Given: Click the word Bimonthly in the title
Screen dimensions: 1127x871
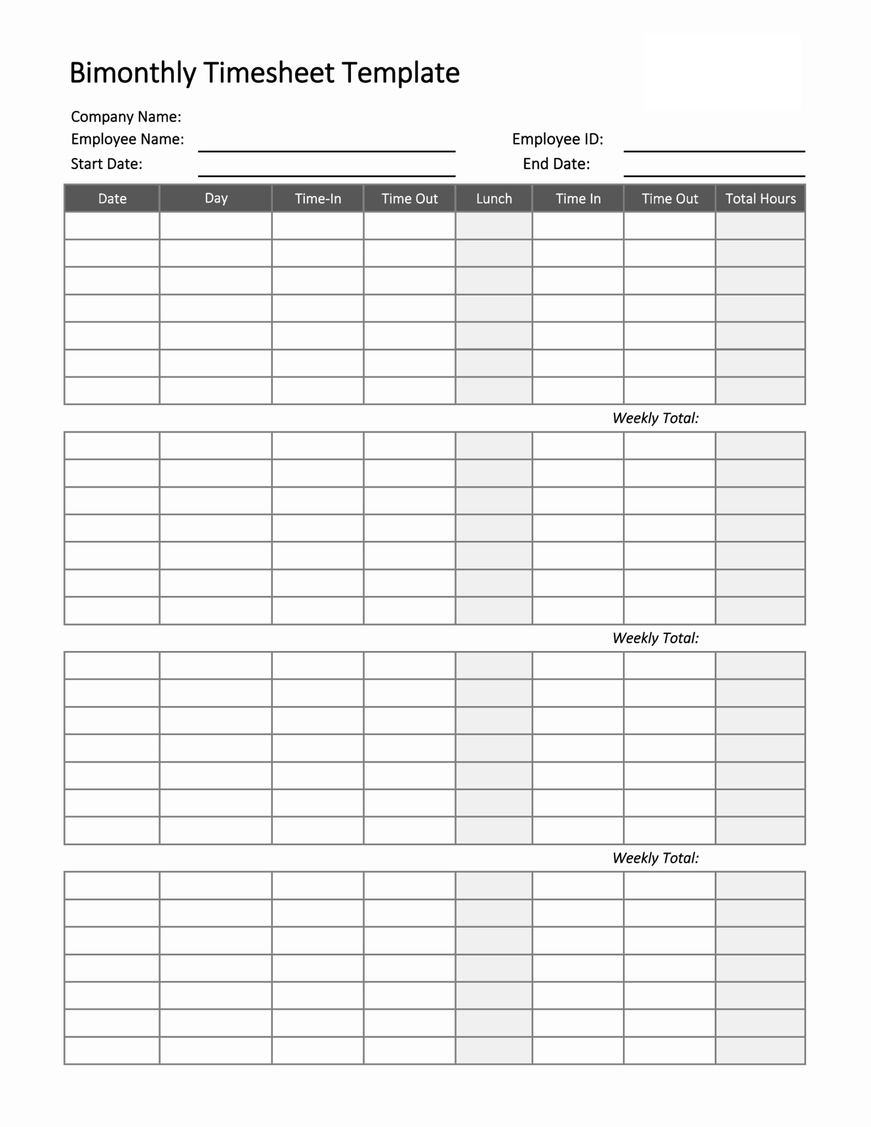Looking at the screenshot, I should point(133,73).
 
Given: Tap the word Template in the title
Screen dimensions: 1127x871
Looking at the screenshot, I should point(400,73).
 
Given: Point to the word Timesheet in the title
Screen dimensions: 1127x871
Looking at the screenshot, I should point(269,73).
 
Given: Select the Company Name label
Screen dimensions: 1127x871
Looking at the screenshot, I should point(126,117).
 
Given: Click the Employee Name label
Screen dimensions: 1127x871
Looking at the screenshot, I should point(128,139).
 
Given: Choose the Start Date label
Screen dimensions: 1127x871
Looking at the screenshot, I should point(107,164).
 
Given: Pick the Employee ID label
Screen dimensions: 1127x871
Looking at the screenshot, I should point(557,139).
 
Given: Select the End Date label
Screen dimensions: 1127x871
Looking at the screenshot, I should point(556,164).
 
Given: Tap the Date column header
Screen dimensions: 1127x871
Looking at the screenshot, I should point(112,199).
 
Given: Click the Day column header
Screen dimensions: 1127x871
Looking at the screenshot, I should point(216,198).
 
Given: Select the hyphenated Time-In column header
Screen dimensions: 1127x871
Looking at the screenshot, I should point(318,199).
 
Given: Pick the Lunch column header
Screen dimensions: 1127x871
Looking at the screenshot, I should point(494,199).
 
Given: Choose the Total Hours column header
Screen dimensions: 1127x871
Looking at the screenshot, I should point(760,199).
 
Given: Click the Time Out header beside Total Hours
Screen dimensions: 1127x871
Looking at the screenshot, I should point(670,199).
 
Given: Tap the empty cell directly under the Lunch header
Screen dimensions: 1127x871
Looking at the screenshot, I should point(494,226).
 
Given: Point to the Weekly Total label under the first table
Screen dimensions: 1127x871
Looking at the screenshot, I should point(655,418).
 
